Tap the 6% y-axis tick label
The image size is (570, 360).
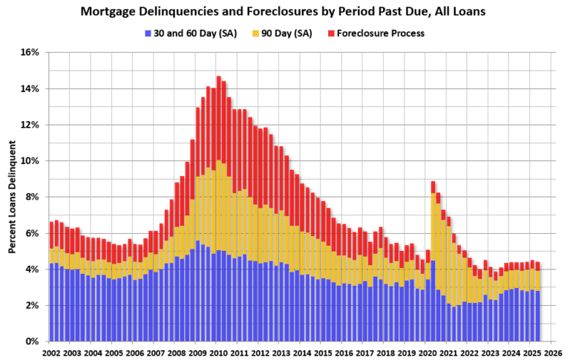point(31,233)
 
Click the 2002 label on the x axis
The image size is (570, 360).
point(51,353)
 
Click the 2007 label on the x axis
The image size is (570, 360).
point(154,353)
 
